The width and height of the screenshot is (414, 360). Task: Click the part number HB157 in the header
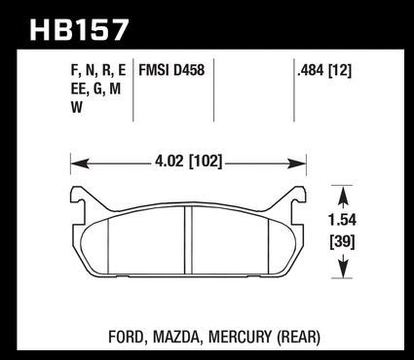79,30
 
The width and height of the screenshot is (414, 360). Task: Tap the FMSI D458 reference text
171,70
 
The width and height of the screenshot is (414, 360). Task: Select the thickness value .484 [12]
324,70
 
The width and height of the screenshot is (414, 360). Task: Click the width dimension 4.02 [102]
189,162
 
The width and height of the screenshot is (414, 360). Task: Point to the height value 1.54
342,220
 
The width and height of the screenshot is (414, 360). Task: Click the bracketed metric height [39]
342,242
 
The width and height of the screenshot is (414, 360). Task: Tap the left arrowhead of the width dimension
80,163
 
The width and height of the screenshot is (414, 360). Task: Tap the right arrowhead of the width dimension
297,163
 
